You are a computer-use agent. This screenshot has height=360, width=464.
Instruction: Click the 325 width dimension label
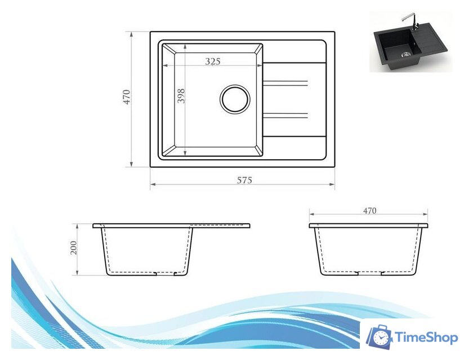212,61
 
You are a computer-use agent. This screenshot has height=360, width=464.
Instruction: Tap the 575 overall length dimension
243,180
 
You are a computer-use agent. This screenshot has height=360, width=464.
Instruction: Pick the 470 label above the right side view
369,211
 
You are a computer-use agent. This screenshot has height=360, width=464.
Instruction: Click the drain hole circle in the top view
234,100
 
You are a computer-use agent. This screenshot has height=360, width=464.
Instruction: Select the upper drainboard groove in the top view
285,84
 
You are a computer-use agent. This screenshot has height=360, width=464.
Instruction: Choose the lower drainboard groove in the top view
285,116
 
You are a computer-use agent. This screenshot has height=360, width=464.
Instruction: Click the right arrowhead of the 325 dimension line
260,65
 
